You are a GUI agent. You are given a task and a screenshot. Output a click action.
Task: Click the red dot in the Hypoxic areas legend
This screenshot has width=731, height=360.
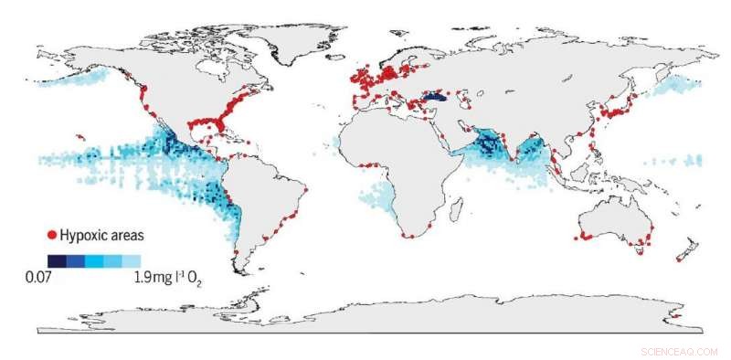tap(51, 236)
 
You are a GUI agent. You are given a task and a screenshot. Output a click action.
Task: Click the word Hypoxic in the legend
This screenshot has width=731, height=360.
tap(83, 236)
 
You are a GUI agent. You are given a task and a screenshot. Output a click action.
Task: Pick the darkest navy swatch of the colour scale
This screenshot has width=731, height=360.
tap(57, 260)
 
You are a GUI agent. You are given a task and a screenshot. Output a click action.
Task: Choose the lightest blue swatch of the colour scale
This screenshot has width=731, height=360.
tap(132, 260)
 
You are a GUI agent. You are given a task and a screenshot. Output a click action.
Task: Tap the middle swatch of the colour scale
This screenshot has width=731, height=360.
tap(94, 260)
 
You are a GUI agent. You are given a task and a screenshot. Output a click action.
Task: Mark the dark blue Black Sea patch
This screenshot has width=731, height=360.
tap(438, 95)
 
